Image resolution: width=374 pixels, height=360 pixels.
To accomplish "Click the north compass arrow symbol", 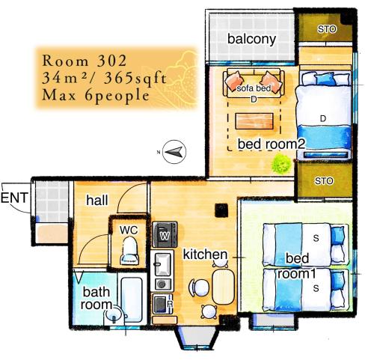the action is coord(174,152).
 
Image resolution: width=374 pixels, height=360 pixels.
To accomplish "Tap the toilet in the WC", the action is coord(129,251).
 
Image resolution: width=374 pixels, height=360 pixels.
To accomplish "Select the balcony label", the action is coord(251,40).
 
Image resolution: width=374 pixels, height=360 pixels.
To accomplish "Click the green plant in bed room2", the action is coord(281,164).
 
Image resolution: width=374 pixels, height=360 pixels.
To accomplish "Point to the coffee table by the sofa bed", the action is coord(254,121).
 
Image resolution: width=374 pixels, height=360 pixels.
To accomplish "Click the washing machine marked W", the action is coord(165,234).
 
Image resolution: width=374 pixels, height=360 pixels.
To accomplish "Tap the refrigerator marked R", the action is coord(163,304).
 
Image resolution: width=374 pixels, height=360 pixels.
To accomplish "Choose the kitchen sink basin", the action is coord(162,264).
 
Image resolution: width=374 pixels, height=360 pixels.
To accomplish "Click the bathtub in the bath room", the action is coord(132,299).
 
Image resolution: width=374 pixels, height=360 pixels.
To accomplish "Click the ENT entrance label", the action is coord(14,198).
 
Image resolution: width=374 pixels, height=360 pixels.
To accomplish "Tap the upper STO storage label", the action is coord(327,29).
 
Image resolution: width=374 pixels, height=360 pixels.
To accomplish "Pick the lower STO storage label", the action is coord(324,180).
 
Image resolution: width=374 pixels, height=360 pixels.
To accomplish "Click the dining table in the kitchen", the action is coord(223,287).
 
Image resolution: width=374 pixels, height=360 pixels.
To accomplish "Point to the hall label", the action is coord(97,200).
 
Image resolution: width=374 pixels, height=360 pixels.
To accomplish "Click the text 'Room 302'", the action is coord(85,61).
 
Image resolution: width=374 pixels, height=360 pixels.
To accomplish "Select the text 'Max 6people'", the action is coord(96,96).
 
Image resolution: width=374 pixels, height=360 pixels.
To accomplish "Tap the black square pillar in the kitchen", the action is coord(221,210).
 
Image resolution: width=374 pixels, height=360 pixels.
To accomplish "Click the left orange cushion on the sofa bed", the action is coord(234,80).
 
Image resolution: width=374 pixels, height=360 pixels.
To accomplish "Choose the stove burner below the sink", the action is coord(162,284).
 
